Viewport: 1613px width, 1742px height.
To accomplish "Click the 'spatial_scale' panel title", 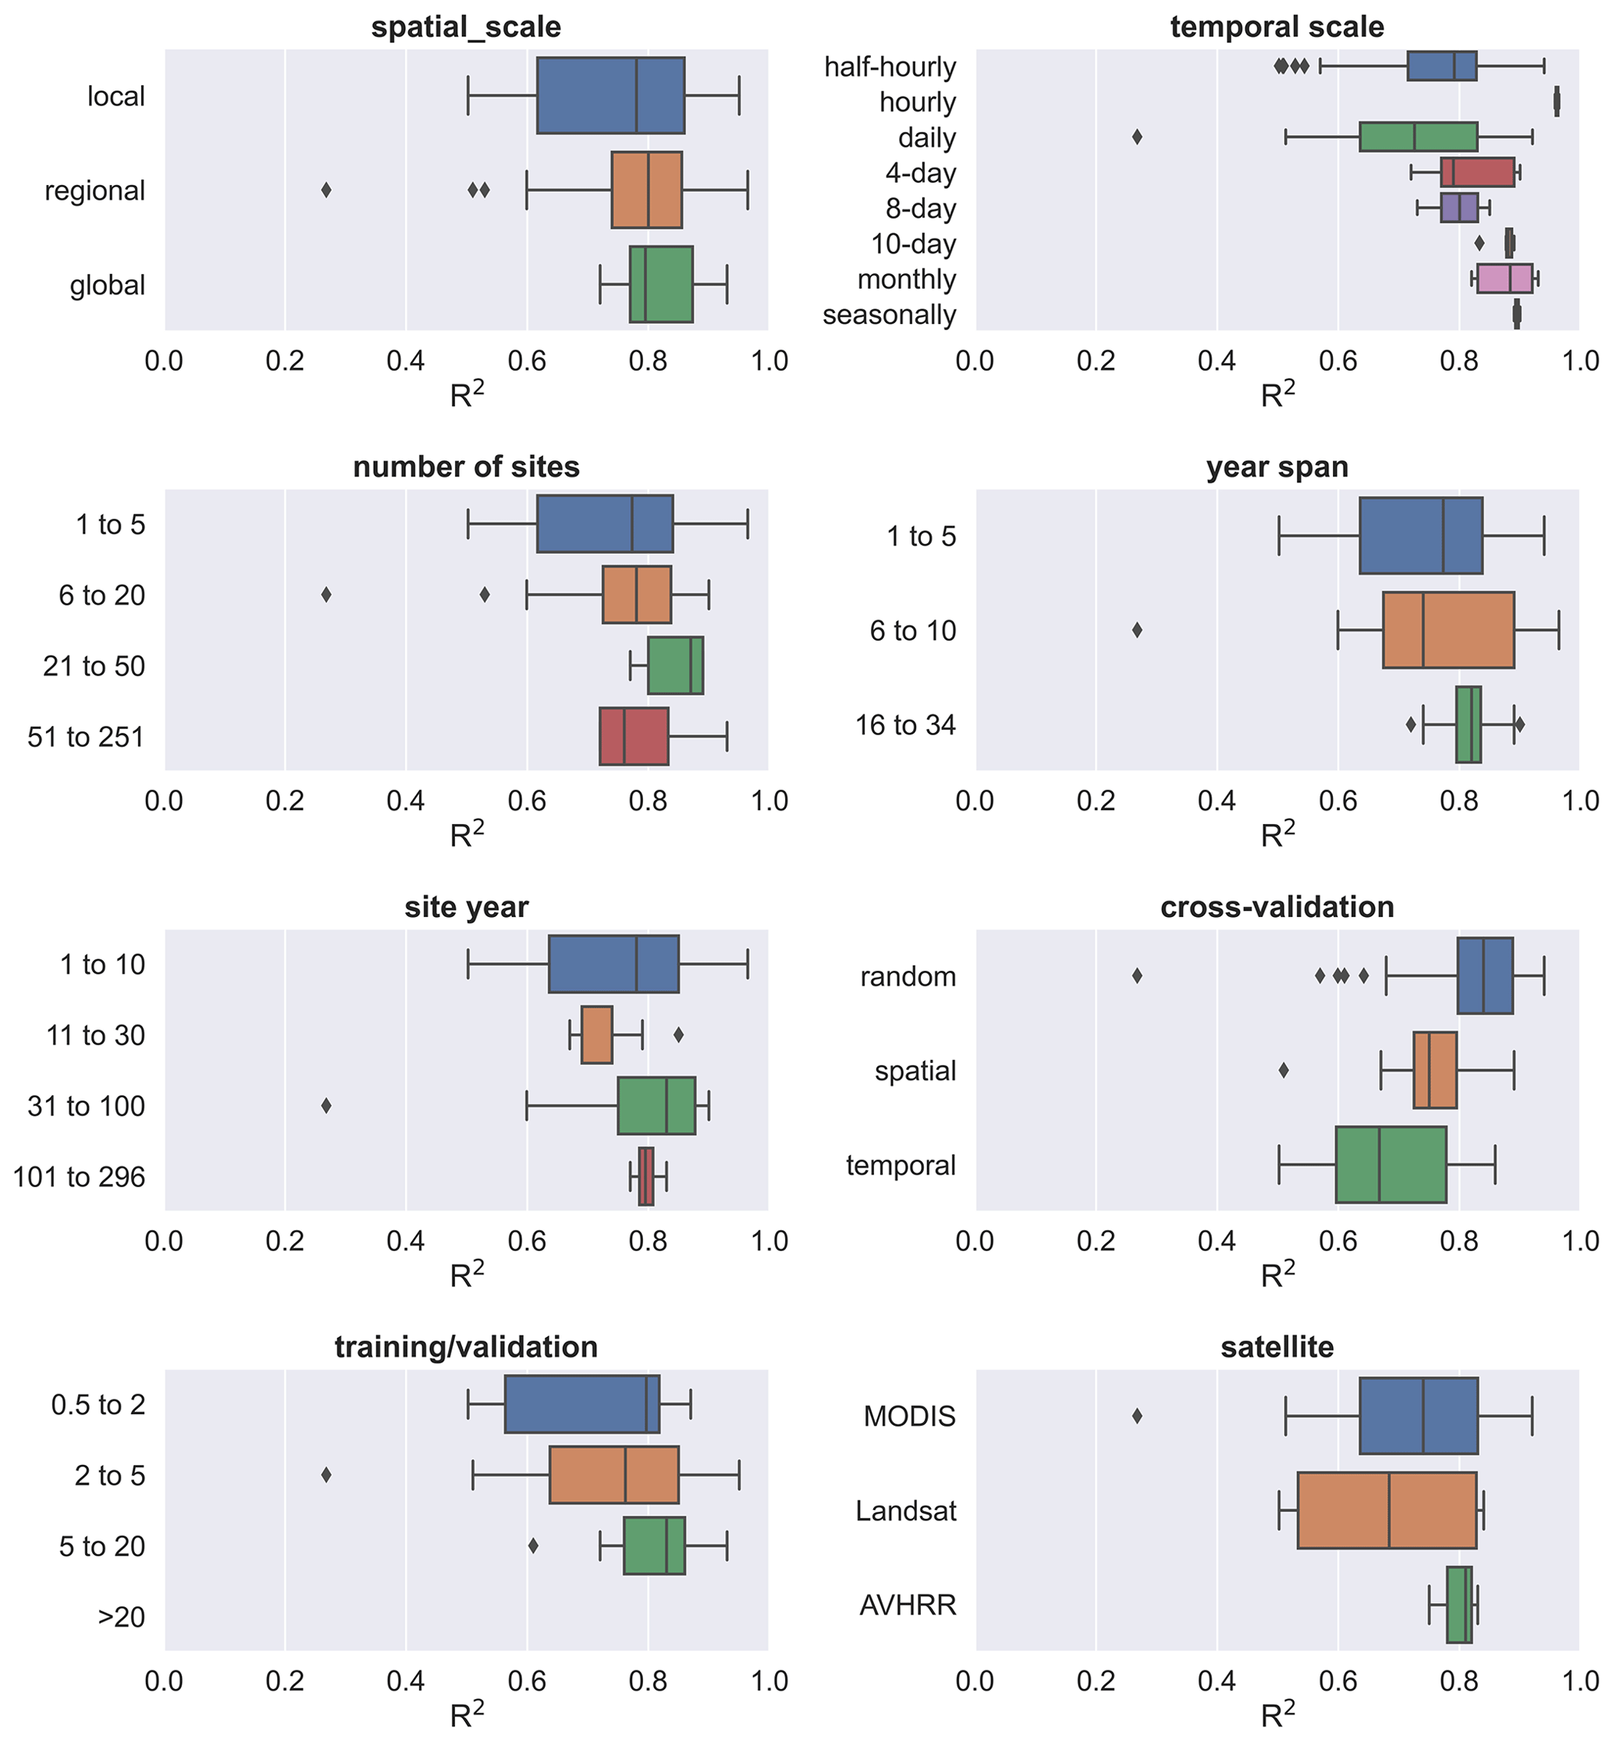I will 466,27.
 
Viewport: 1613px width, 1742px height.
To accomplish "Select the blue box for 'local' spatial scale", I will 610,96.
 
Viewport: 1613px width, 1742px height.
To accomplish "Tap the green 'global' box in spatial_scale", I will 661,285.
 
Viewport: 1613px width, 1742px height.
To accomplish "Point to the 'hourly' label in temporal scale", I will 918,102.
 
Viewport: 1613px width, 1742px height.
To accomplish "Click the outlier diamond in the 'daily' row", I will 1136,137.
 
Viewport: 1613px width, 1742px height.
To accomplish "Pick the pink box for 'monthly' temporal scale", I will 1504,279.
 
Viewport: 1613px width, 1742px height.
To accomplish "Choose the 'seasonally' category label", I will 889,315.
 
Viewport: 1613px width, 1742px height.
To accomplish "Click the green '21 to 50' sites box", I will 675,666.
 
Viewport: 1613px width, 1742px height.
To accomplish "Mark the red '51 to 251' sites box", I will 634,737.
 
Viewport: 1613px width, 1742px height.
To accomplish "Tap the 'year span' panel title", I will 1277,467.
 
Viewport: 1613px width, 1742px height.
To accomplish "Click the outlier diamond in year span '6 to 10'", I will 1136,630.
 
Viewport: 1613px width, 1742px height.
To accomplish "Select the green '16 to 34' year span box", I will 1468,724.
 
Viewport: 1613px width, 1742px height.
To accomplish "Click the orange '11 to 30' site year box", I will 596,1035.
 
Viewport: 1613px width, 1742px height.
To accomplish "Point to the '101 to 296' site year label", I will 79,1178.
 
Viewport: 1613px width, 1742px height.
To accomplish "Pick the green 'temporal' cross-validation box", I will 1391,1165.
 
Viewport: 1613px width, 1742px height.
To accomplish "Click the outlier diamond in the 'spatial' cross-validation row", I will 1283,1070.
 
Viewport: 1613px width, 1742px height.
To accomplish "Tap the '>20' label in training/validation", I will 121,1617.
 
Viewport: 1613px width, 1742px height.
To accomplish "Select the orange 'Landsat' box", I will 1386,1511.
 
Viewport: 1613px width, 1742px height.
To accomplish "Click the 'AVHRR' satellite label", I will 908,1605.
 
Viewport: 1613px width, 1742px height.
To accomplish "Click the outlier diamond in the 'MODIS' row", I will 1136,1416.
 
